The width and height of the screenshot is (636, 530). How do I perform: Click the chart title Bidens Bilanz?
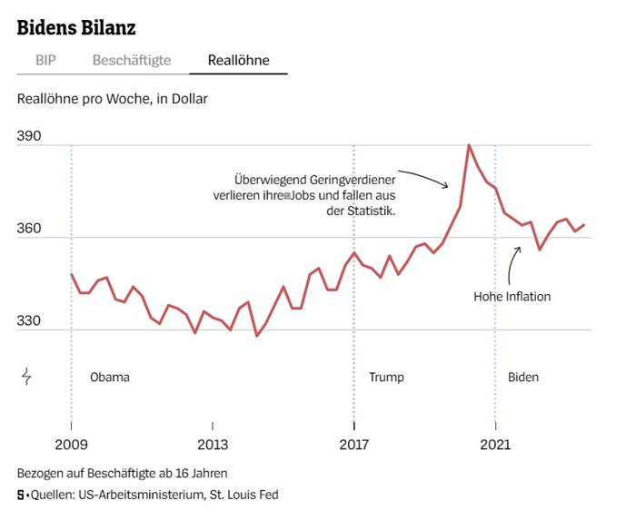coord(76,27)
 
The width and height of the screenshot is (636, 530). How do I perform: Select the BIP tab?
coord(45,61)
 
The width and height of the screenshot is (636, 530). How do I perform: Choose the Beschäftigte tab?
coord(132,61)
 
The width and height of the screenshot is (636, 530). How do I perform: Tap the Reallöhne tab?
coord(238,61)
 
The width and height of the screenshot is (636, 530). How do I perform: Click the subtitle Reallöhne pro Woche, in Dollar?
coord(113,97)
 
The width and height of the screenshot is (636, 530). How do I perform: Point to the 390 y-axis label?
coord(29,135)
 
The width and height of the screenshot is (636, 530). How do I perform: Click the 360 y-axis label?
coord(29,228)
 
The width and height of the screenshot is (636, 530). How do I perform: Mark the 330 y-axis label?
coord(29,320)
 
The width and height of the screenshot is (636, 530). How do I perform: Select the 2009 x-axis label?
coord(71,444)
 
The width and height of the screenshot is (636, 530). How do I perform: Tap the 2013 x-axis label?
coord(213,444)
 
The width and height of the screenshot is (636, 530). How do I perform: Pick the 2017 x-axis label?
coord(353,444)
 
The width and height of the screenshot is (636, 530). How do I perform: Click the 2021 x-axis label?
coord(495,444)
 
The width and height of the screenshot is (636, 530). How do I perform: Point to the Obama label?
coord(110,377)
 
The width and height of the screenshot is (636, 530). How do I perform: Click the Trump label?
coord(386,377)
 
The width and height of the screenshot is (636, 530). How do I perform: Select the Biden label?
coord(523,377)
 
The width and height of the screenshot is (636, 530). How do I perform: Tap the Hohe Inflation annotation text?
coord(512,296)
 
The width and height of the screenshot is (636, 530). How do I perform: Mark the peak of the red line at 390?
coord(469,145)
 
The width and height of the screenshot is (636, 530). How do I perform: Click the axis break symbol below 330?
coord(26,376)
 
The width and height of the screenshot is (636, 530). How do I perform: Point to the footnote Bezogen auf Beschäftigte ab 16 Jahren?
coord(122,473)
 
